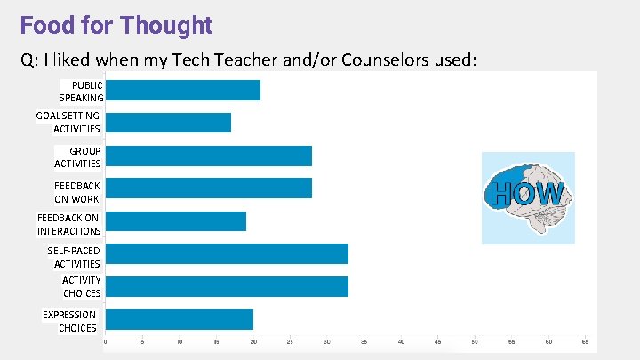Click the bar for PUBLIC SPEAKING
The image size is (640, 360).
(x=182, y=90)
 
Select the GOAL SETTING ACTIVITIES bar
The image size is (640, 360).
(x=168, y=123)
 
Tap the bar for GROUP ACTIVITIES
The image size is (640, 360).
(x=208, y=156)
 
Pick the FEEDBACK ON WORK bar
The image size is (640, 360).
(x=208, y=188)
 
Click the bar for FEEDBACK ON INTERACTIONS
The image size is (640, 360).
(x=175, y=221)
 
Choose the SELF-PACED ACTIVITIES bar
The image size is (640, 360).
(x=227, y=253)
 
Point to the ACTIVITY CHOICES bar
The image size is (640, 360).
(x=227, y=286)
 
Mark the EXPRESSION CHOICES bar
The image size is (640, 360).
(x=179, y=319)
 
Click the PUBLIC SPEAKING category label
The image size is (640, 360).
(x=81, y=91)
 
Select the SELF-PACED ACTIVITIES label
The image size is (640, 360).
(x=76, y=257)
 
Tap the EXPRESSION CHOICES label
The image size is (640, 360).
(x=71, y=321)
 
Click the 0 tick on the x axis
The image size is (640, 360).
(x=106, y=341)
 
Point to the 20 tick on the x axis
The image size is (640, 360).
(x=253, y=341)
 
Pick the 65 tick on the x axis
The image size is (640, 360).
(x=585, y=341)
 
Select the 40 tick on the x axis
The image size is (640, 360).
(x=401, y=341)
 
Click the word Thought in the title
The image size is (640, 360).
(x=167, y=25)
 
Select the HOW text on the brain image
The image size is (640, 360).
(x=527, y=195)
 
